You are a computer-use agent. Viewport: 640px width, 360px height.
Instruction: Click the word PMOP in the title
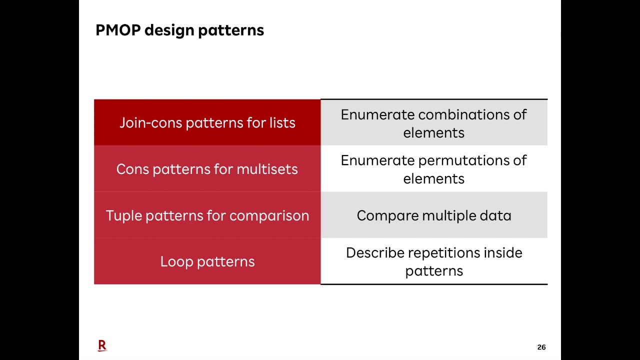tap(118, 30)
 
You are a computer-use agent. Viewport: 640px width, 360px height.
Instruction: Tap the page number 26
tap(541, 347)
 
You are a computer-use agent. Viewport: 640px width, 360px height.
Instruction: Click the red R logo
tap(102, 345)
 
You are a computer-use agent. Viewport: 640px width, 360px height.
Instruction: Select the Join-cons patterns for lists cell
tap(207, 122)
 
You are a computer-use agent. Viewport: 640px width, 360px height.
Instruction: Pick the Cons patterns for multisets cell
tap(207, 169)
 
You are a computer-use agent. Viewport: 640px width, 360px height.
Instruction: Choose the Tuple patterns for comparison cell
tap(207, 215)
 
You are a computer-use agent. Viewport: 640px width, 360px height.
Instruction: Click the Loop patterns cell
tap(207, 261)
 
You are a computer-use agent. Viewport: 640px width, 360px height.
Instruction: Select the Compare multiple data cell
tap(433, 215)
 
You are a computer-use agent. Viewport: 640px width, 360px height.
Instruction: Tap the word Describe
tap(375, 253)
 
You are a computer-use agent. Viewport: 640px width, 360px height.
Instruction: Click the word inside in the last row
tap(502, 253)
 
